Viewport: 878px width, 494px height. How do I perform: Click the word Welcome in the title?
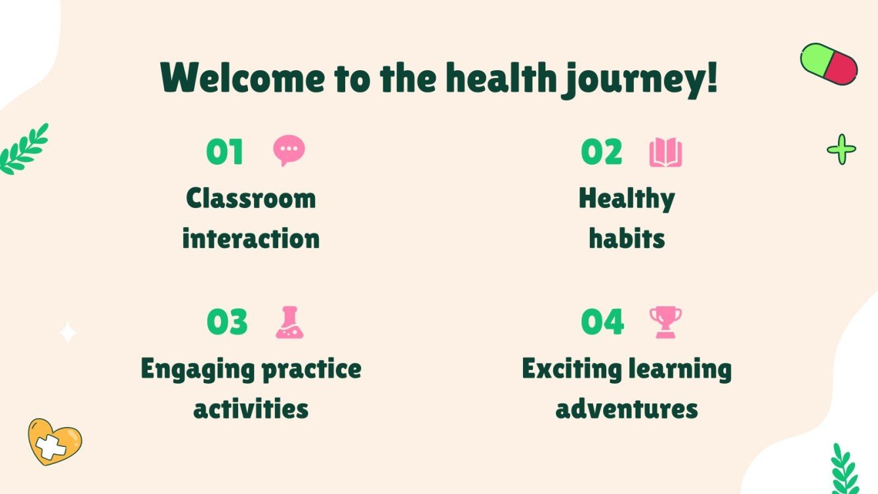tap(242, 78)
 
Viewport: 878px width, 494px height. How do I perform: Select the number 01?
tap(224, 152)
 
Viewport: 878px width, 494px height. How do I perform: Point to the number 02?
tap(601, 152)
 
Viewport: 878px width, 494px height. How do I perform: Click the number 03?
tap(227, 322)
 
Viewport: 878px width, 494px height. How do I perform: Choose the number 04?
tap(602, 322)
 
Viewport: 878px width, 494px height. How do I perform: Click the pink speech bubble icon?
tap(289, 151)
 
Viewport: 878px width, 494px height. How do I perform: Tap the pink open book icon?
tap(665, 153)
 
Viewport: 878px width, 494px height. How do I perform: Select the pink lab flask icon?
tap(289, 322)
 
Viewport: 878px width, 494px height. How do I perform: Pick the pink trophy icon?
tap(665, 322)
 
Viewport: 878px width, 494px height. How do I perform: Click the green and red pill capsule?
tap(829, 64)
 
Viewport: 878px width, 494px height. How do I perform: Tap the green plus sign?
tap(841, 150)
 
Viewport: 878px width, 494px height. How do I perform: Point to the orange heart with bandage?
tap(54, 442)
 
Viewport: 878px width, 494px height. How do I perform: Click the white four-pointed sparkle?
tap(68, 333)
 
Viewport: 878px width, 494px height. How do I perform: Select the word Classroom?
tap(251, 198)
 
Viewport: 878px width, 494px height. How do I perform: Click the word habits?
tap(627, 238)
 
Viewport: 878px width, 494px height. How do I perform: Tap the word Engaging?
tap(198, 369)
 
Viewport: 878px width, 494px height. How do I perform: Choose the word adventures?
tap(627, 409)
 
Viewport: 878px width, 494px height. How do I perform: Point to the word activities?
tap(251, 409)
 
